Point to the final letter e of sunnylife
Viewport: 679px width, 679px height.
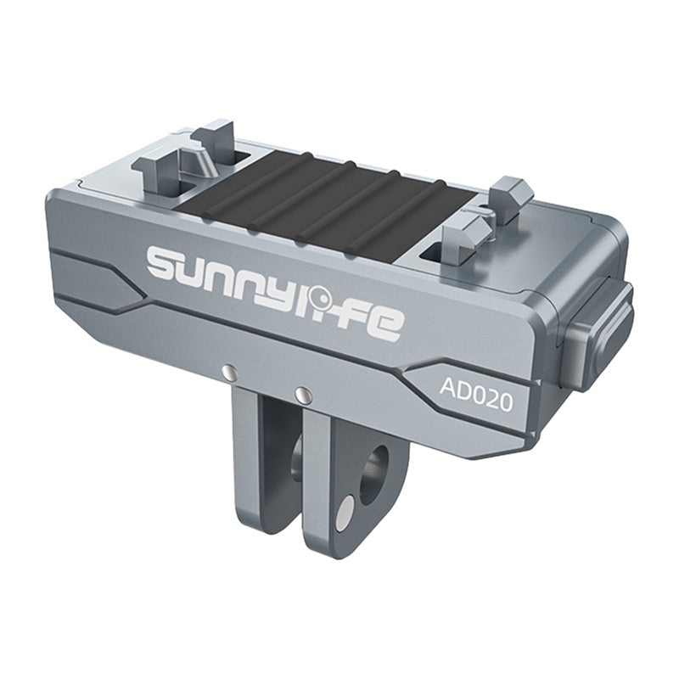384,323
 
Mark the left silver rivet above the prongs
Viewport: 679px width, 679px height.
227,371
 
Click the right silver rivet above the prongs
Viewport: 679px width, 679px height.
300,393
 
